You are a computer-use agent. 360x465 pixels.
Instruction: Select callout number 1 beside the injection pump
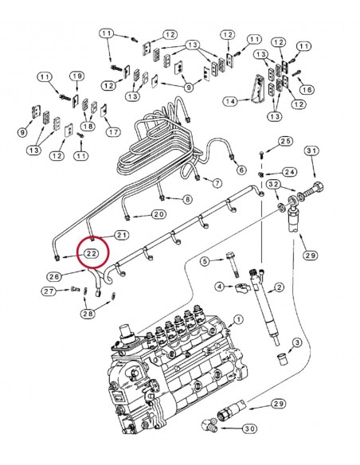[x=237, y=320]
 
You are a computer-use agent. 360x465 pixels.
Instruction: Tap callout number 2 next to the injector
[x=295, y=342]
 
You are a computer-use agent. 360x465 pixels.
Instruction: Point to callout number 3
[x=219, y=287]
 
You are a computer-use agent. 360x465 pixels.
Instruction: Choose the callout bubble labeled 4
[x=205, y=260]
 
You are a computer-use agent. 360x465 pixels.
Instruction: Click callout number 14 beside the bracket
[x=230, y=102]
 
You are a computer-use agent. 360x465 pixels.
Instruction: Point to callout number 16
[x=308, y=90]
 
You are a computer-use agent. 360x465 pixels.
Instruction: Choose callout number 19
[x=76, y=76]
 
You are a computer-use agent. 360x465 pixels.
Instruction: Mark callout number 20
[x=158, y=214]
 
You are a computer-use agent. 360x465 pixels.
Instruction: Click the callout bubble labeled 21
[x=122, y=235]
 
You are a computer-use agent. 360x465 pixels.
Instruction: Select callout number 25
[x=286, y=141]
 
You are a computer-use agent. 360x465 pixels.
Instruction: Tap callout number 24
[x=288, y=170]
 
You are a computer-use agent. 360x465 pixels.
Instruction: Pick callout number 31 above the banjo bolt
[x=311, y=151]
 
